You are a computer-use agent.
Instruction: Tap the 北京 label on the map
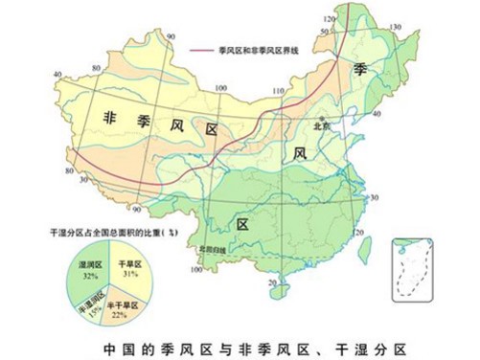(x=323, y=124)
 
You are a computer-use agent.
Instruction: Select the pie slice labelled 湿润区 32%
(x=92, y=273)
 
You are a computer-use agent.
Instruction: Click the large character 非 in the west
(x=112, y=117)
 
